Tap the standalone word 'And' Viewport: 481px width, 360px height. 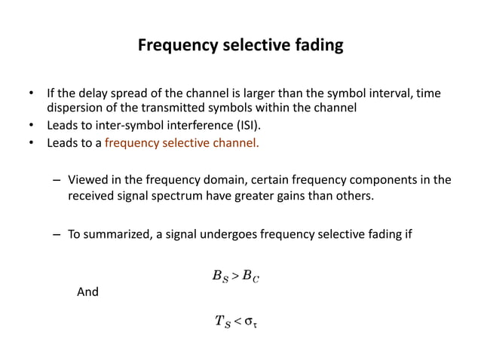click(x=88, y=291)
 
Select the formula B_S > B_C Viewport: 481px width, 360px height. click(x=236, y=278)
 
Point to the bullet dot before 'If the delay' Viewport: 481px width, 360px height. click(x=31, y=95)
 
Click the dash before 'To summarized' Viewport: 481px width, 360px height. click(x=57, y=234)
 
